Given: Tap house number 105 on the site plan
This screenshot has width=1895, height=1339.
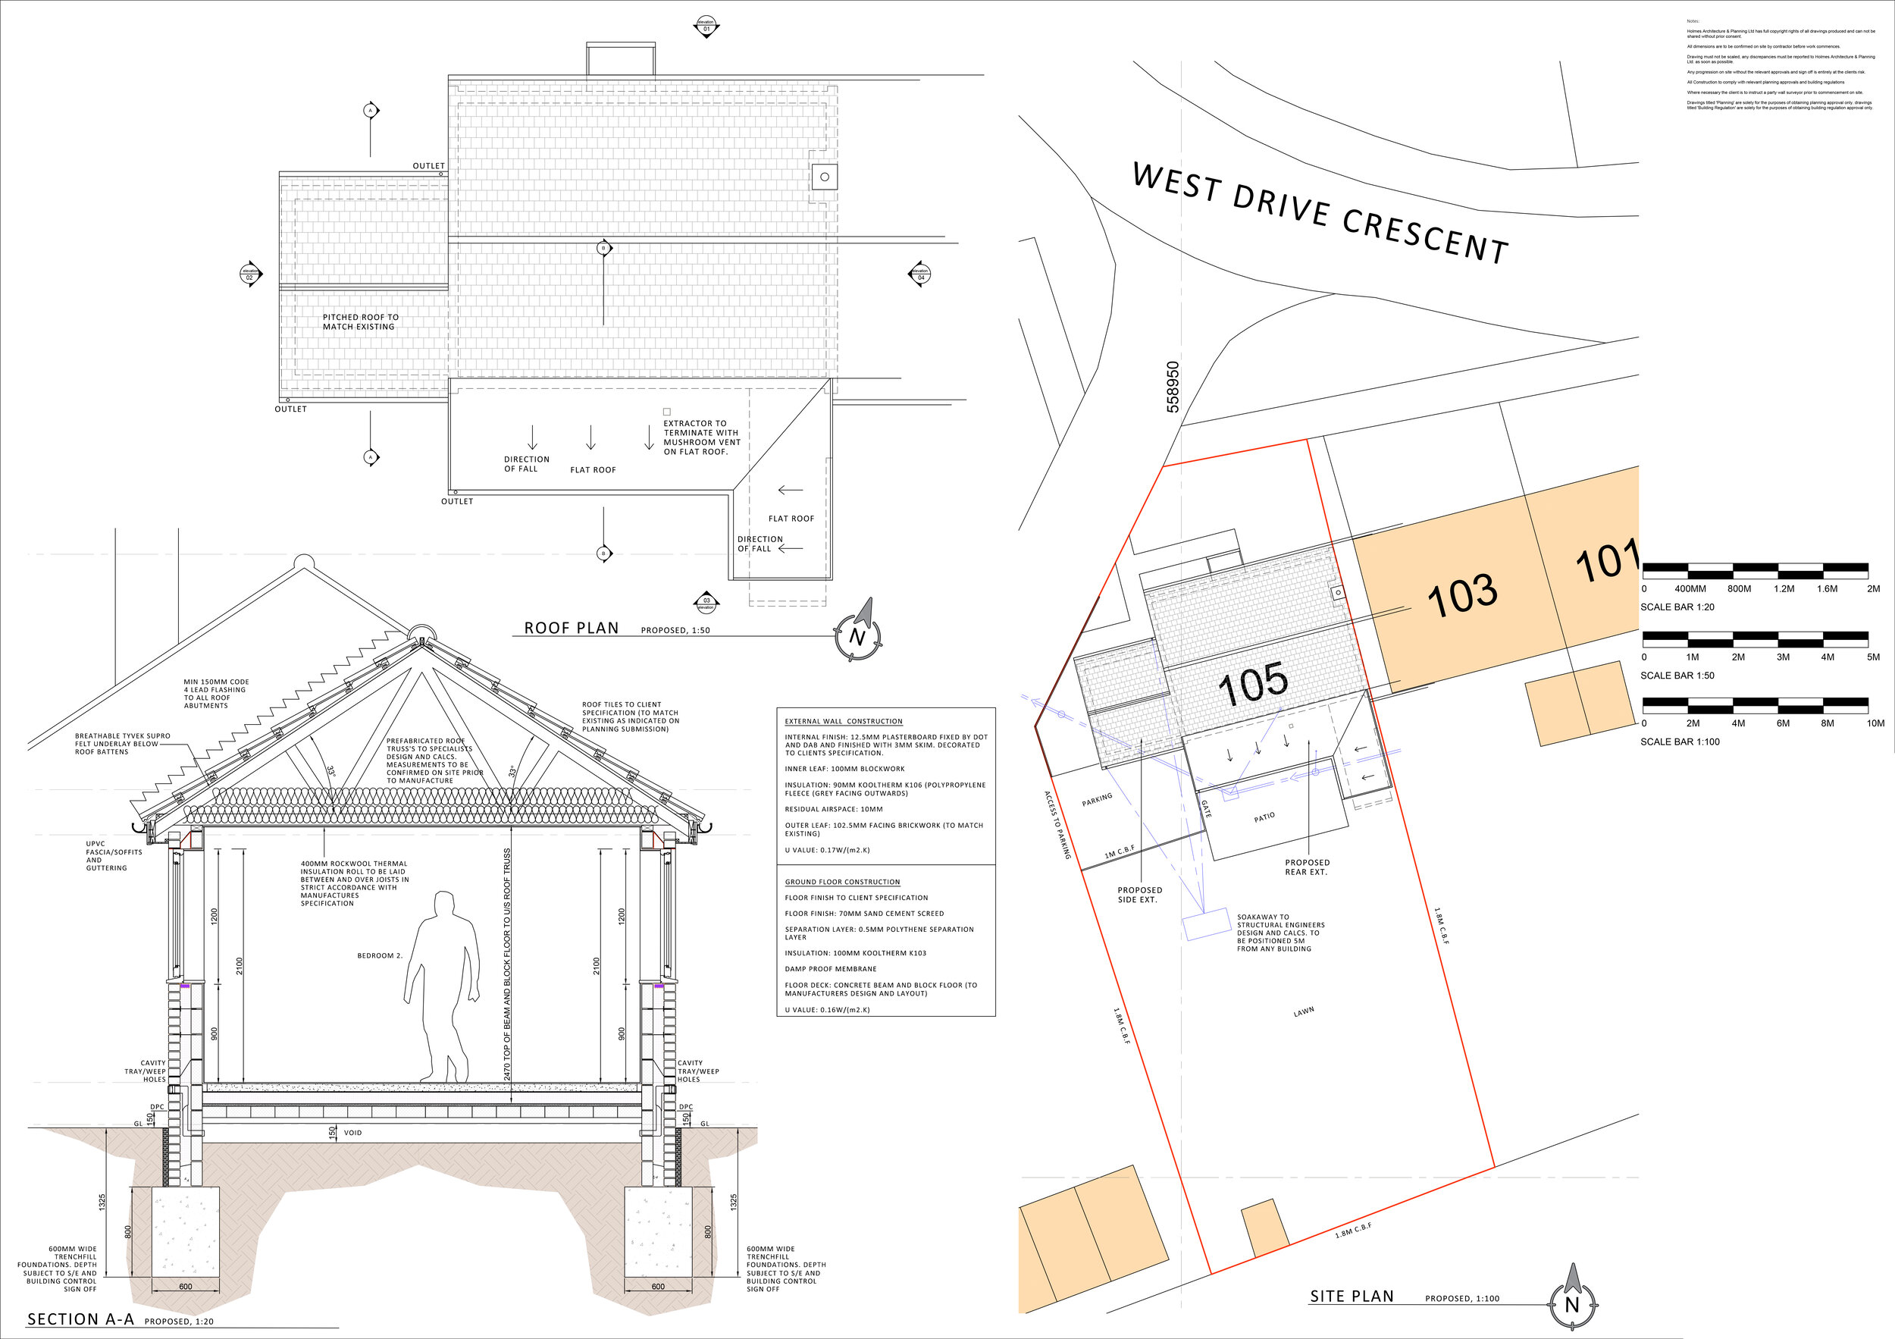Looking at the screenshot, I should click(1252, 684).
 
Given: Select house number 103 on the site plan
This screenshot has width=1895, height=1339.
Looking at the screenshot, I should click(1461, 595).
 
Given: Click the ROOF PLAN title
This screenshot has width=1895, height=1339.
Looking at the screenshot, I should click(571, 629).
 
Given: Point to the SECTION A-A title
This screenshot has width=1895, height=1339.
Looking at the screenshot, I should click(80, 1319).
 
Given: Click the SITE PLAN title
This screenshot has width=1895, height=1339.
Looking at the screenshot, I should click(1351, 1297).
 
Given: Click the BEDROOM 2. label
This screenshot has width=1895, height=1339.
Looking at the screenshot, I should click(380, 956).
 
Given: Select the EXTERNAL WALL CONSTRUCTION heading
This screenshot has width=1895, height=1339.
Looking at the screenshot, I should click(844, 722).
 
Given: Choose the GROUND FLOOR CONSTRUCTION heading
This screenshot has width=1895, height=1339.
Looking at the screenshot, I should click(842, 882).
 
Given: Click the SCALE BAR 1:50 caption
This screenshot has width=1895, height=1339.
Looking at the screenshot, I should click(1677, 676).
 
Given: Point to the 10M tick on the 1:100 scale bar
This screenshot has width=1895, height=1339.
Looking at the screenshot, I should click(1875, 723).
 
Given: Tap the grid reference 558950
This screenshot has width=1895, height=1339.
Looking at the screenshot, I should click(1173, 387).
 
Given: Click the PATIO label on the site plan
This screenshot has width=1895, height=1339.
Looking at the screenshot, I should click(1264, 817).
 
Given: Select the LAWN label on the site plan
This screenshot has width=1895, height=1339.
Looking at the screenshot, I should click(1304, 1011).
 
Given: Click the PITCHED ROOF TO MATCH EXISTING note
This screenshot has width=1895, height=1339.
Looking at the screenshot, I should click(360, 322).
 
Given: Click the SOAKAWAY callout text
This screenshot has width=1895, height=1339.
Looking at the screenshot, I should click(1280, 933).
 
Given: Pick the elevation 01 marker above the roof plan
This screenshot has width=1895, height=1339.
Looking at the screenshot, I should click(706, 26).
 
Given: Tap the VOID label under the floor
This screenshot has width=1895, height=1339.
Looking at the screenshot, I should click(352, 1133).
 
